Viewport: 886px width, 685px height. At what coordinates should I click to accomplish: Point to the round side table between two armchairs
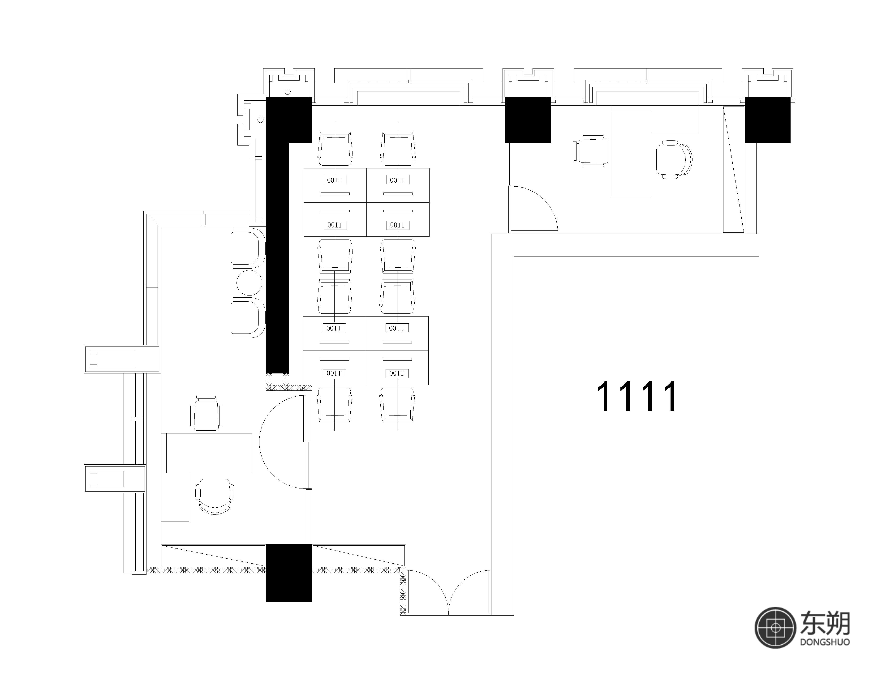(x=249, y=283)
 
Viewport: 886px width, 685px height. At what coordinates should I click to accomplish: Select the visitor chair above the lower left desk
(x=206, y=412)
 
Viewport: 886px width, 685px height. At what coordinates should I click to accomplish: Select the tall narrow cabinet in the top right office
(x=733, y=170)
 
